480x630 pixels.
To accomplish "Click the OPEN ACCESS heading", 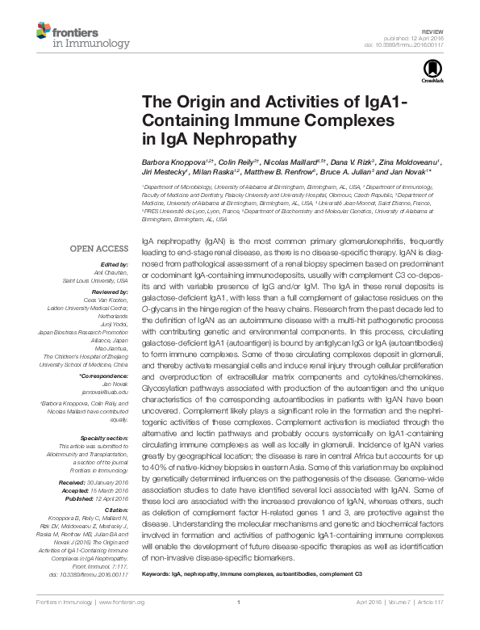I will (x=98, y=249).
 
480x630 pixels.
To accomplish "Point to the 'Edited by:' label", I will (x=115, y=264).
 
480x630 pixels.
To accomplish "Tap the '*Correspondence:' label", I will (x=106, y=376).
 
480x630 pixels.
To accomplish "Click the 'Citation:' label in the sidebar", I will (x=118, y=509).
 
